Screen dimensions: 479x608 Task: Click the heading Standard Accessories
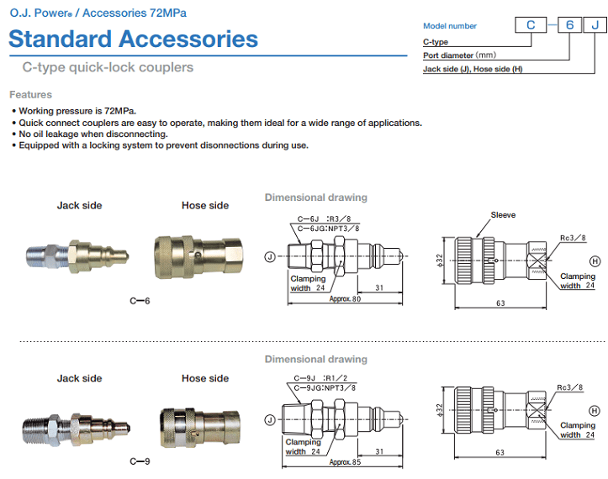(x=133, y=39)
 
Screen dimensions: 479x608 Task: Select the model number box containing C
(x=531, y=24)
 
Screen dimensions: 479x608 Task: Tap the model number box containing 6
(x=569, y=24)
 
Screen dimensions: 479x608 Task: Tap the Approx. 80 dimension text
(x=346, y=298)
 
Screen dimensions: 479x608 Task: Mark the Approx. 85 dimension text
(x=346, y=462)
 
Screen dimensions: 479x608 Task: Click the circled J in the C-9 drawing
(x=270, y=419)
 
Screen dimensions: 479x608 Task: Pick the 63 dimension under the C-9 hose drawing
(x=500, y=453)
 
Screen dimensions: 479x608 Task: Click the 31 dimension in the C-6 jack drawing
(x=380, y=288)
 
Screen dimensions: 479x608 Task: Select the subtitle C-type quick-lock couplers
(x=108, y=67)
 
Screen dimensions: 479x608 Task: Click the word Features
(x=30, y=95)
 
